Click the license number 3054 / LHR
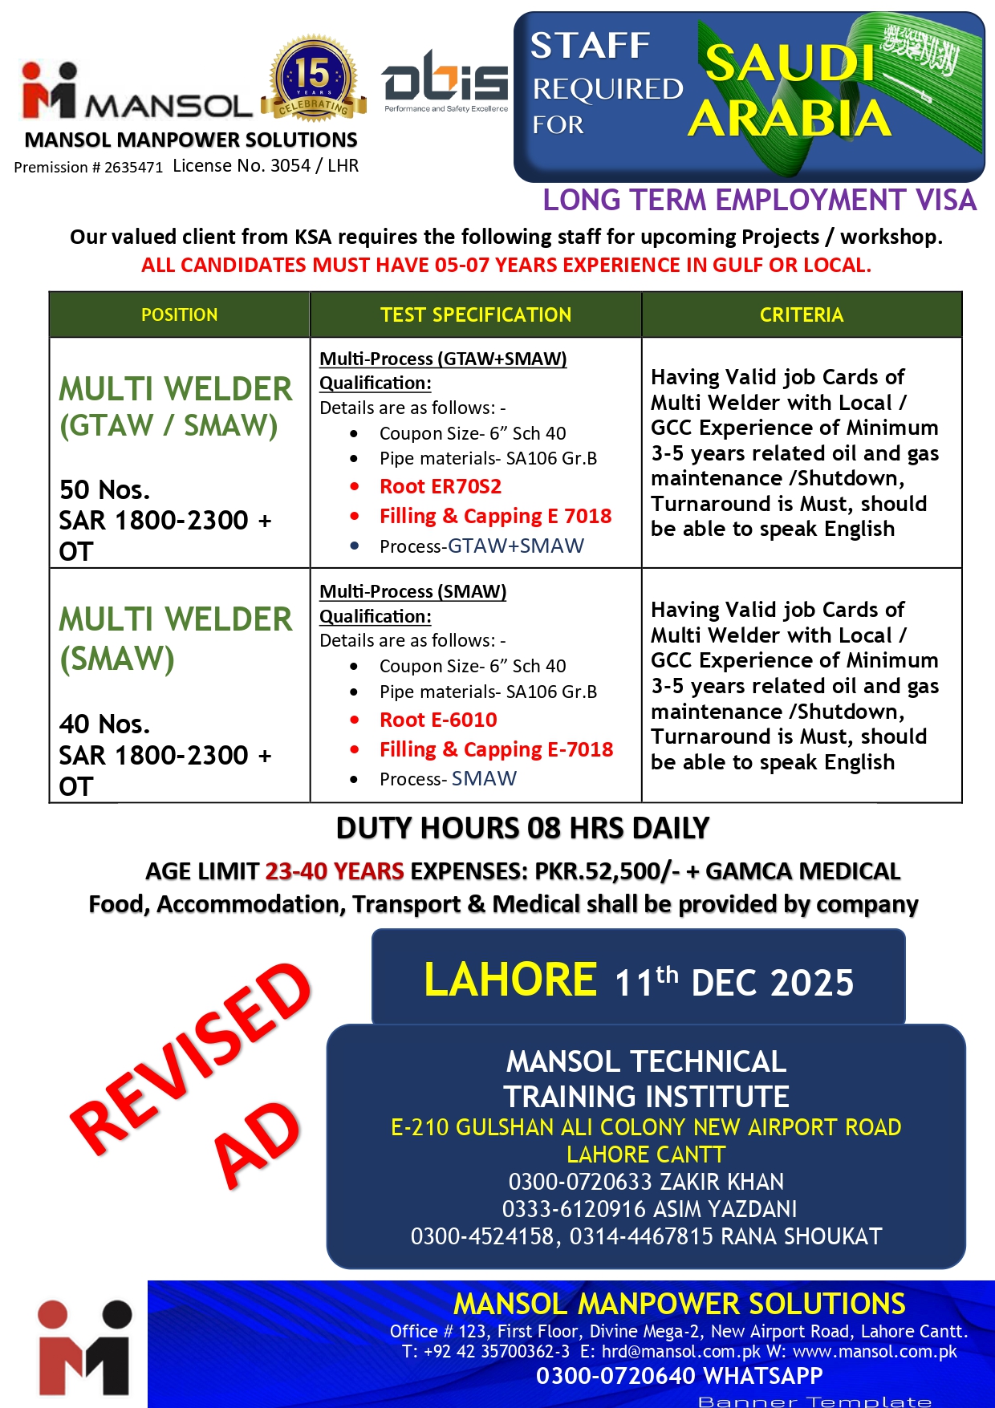[266, 166]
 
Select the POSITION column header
[179, 314]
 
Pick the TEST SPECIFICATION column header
[476, 314]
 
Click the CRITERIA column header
[801, 314]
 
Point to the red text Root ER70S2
[441, 487]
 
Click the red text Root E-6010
[438, 720]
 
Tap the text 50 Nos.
[104, 489]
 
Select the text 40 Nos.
[104, 724]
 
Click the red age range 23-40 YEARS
[335, 871]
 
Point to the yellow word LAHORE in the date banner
[510, 980]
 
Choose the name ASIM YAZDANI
[725, 1209]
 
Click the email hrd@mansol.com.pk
[681, 1352]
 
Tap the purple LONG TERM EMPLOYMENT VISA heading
[759, 200]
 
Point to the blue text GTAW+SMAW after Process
[515, 546]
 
